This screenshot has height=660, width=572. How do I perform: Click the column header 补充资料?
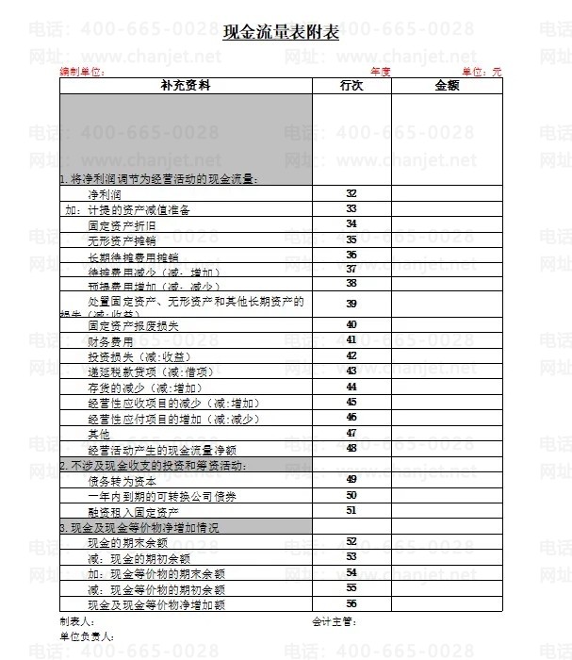(186, 86)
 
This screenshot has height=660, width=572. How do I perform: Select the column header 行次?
(351, 86)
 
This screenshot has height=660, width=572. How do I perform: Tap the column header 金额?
(447, 86)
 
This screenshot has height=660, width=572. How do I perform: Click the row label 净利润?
(105, 193)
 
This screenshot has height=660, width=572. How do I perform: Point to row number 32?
(351, 193)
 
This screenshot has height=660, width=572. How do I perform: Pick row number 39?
(351, 304)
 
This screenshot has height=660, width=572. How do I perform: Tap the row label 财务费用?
(110, 341)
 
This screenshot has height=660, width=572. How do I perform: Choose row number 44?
(351, 388)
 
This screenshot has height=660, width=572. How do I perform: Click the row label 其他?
(99, 434)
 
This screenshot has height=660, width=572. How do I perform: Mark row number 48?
(351, 449)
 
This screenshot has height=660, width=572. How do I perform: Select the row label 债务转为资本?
(116, 480)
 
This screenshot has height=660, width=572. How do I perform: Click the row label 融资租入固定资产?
(134, 511)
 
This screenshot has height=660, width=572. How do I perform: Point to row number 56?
(351, 603)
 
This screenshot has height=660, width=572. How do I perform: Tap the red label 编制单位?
(81, 72)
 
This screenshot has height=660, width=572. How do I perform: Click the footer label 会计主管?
(334, 621)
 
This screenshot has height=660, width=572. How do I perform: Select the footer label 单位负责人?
(86, 636)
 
